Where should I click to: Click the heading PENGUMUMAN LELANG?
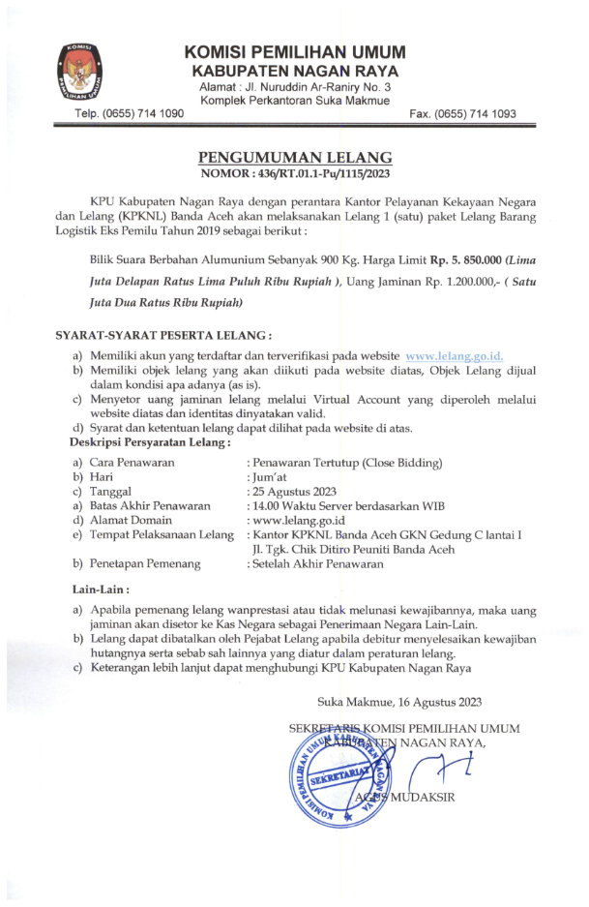point(295,157)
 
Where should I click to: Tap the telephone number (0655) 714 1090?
point(130,114)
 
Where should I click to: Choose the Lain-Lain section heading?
point(101,589)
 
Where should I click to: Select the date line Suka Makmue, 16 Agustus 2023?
point(398,701)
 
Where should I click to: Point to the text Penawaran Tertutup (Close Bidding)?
point(345,463)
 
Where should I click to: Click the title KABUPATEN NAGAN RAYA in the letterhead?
point(295,73)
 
